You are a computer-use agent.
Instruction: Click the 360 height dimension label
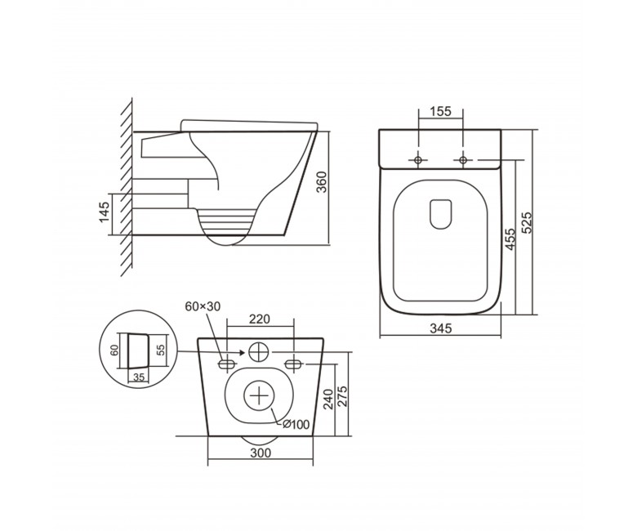coord(321,182)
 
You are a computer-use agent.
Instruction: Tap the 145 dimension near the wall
coord(104,212)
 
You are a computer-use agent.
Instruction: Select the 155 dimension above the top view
coord(441,111)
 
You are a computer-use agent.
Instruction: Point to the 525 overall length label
coord(526,222)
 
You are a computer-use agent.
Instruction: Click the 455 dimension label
coord(510,239)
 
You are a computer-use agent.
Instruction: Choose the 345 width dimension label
coord(440,328)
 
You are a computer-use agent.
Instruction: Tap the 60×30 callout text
coord(203,306)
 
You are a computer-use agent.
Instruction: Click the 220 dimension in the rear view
coord(259,319)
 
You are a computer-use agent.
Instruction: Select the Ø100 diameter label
coord(296,425)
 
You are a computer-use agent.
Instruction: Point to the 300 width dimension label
coord(261,453)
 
